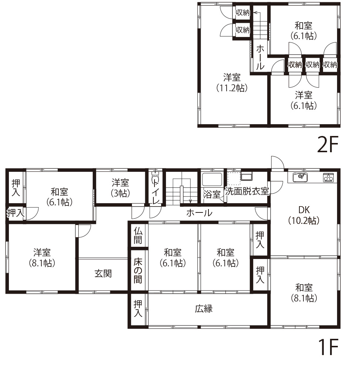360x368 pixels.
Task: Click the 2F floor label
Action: click(328, 146)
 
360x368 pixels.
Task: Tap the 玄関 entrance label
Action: click(103, 274)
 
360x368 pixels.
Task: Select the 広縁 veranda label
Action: click(204, 309)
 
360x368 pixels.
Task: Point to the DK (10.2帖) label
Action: click(304, 215)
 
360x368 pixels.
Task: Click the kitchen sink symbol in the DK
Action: click(300, 177)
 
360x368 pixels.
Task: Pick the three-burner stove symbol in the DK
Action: click(328, 178)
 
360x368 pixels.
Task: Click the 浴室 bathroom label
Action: click(212, 194)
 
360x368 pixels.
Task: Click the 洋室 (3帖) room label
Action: click(120, 187)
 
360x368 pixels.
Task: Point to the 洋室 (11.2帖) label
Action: click(232, 83)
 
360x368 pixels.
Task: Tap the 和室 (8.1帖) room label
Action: click(304, 293)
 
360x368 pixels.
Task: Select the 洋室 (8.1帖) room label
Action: click(42, 258)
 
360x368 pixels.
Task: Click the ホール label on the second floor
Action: click(260, 57)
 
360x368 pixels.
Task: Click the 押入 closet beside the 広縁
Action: click(137, 309)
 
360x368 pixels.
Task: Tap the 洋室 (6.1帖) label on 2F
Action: click(304, 100)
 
